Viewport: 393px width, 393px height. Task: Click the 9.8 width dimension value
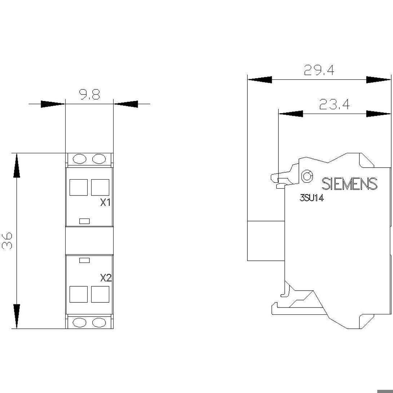(90, 94)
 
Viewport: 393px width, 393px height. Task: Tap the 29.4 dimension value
(319, 70)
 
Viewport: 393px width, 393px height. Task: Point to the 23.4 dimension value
(334, 104)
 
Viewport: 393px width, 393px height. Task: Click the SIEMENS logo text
(349, 184)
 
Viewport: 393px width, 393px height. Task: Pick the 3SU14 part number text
(312, 198)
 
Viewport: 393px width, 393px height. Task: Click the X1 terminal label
(106, 203)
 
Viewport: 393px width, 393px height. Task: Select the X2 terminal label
(106, 278)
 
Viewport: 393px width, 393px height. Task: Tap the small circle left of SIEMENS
(307, 176)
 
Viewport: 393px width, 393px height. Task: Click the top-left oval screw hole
(79, 159)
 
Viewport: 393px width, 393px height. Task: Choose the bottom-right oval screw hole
(99, 323)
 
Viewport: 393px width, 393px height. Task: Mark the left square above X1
(79, 187)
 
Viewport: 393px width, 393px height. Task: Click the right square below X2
(100, 294)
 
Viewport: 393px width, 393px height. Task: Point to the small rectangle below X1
(84, 221)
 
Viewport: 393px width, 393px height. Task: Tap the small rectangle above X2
(84, 260)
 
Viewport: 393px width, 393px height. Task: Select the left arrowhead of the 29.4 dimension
(260, 80)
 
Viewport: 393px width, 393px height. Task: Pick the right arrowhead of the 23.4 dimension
(379, 114)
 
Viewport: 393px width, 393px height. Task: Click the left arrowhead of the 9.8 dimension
(53, 104)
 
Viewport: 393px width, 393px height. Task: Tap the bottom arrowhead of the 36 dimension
(17, 316)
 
